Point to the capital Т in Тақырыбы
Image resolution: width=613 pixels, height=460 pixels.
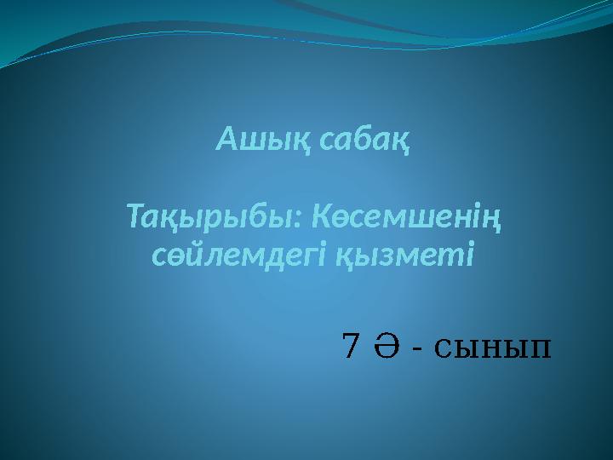136,220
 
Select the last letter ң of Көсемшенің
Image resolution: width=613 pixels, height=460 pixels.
492,223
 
